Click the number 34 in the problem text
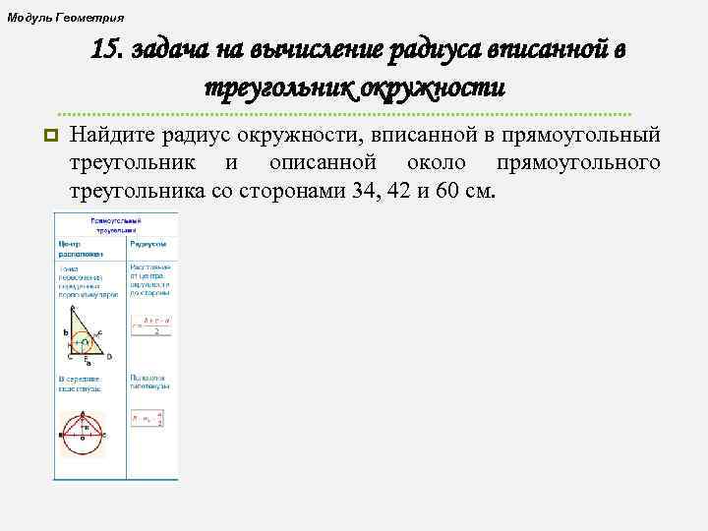click(363, 189)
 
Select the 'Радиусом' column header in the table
click(147, 244)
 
